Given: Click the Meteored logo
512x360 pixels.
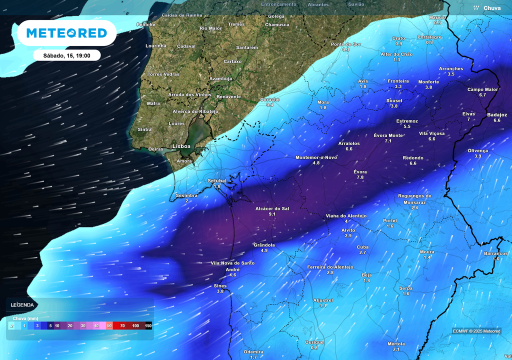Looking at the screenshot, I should pyautogui.click(x=66, y=33).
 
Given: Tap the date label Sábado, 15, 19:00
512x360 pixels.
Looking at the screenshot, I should pyautogui.click(x=67, y=55).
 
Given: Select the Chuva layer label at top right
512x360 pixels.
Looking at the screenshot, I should pyautogui.click(x=491, y=8).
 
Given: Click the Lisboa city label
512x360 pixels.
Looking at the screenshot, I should pyautogui.click(x=181, y=146).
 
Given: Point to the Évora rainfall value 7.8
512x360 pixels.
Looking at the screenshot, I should pyautogui.click(x=360, y=177).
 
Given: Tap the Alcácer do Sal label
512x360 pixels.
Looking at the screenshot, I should pyautogui.click(x=272, y=208).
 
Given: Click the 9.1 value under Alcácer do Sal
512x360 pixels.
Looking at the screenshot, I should pyautogui.click(x=272, y=214).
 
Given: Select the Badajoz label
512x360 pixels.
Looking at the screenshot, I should pyautogui.click(x=496, y=114).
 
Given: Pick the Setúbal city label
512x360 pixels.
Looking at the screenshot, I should pyautogui.click(x=217, y=180).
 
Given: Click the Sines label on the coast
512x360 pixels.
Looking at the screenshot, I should pyautogui.click(x=220, y=285).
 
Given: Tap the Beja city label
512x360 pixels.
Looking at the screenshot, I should pyautogui.click(x=366, y=275).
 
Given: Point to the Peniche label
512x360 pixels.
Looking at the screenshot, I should pyautogui.click(x=146, y=24).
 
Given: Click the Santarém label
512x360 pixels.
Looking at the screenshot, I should pyautogui.click(x=246, y=47).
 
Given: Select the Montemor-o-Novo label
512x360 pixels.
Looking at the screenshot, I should pyautogui.click(x=316, y=157).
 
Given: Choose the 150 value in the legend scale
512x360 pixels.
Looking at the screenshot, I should pyautogui.click(x=148, y=325).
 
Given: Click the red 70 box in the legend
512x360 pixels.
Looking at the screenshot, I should pyautogui.click(x=122, y=325).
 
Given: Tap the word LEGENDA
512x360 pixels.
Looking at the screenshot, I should pyautogui.click(x=22, y=304).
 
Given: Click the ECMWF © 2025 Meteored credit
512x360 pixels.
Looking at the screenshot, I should pyautogui.click(x=476, y=331).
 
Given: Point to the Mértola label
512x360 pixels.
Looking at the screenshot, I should pyautogui.click(x=396, y=343).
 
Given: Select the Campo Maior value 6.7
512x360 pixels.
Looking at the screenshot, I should pyautogui.click(x=482, y=95).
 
